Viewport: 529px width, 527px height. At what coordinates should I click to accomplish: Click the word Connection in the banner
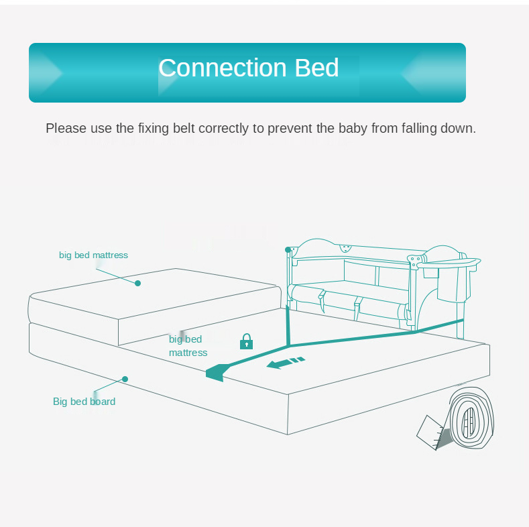pos(223,68)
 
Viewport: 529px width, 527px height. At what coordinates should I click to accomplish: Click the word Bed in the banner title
pos(316,68)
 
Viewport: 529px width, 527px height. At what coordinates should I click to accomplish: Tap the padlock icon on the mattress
pos(246,341)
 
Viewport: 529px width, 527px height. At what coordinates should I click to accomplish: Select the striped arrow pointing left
pos(286,363)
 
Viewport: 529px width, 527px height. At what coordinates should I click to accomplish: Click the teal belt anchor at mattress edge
pos(216,373)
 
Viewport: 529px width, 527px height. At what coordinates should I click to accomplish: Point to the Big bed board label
pos(84,402)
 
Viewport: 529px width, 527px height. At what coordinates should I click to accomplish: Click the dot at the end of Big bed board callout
pos(125,379)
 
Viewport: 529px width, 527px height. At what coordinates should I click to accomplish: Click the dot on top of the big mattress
pos(137,284)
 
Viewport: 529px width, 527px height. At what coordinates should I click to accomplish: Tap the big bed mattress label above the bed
pos(93,255)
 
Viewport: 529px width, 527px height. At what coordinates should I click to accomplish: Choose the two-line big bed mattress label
pos(188,346)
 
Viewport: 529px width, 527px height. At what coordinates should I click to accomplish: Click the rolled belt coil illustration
pos(471,418)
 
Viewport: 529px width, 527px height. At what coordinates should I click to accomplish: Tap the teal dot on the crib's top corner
pos(288,249)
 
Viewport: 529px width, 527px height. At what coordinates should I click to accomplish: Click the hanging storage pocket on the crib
pos(453,284)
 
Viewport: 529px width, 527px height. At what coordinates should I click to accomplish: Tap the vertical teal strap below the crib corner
pos(288,325)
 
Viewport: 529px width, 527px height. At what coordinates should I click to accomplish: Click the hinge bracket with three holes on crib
pos(416,260)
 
